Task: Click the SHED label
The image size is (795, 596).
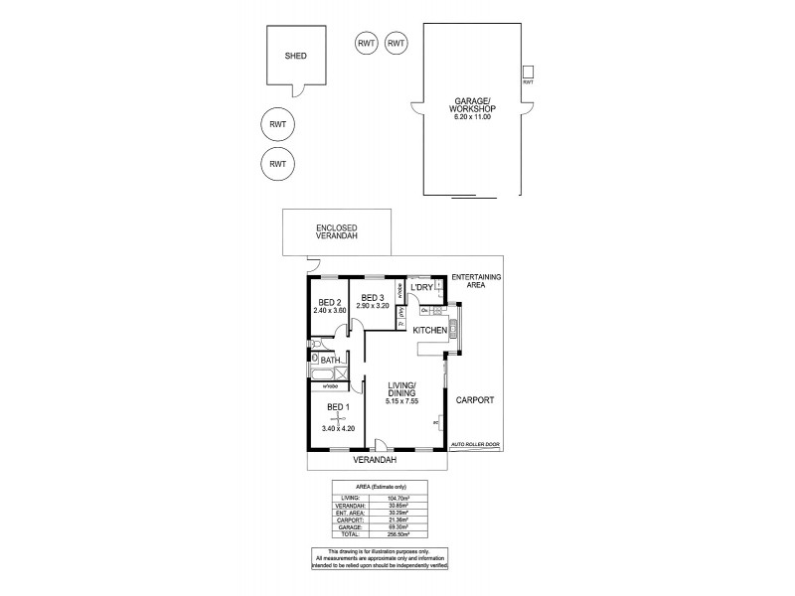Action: (294, 57)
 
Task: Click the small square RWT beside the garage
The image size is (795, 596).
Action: (528, 71)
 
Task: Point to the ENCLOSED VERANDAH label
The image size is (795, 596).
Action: (336, 231)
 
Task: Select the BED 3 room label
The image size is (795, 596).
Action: (373, 298)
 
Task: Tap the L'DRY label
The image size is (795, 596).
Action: (422, 287)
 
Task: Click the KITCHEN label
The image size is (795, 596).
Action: (430, 329)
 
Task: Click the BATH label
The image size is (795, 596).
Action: (331, 361)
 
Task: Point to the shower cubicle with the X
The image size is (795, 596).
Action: (341, 373)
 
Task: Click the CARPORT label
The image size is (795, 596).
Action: (475, 399)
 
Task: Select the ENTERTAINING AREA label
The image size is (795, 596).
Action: (476, 280)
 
